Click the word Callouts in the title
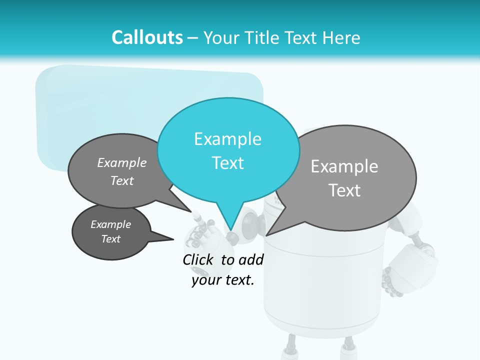[x=147, y=37]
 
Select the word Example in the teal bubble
[x=227, y=139]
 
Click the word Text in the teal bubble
[x=227, y=163]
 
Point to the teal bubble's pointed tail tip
[x=230, y=231]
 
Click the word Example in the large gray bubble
[x=344, y=166]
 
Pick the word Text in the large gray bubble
[x=344, y=190]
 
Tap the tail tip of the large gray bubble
[x=267, y=235]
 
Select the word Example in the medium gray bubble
[x=121, y=162]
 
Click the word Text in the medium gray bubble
[x=121, y=180]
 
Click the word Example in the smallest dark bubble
[x=110, y=224]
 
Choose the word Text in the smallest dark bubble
[x=110, y=239]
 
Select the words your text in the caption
[x=223, y=280]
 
